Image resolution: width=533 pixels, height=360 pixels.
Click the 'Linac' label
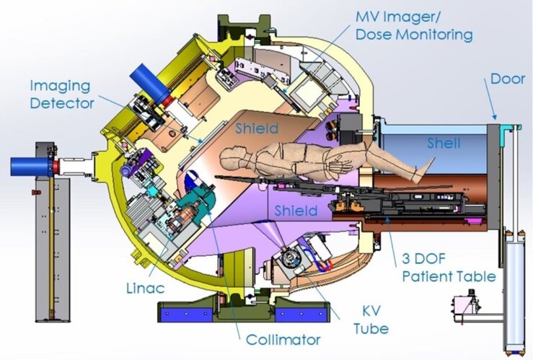pos(146,289)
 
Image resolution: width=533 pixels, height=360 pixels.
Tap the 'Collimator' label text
pos(283,339)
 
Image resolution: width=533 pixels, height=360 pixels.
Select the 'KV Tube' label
pos(371,320)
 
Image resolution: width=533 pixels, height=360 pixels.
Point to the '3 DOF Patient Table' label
pos(449,268)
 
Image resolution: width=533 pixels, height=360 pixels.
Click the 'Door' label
pos(508,79)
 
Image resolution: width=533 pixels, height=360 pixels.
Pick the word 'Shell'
pos(444,143)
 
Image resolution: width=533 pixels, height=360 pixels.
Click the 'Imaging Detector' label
pos(62,95)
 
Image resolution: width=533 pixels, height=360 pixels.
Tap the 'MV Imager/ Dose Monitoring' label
pos(414,26)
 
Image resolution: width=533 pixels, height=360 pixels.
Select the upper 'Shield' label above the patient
pos(257,128)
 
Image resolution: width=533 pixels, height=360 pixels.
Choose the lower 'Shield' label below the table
pos(296,211)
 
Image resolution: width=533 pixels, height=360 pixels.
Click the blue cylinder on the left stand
pos(30,167)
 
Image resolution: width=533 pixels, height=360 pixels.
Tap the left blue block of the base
pos(185,314)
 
